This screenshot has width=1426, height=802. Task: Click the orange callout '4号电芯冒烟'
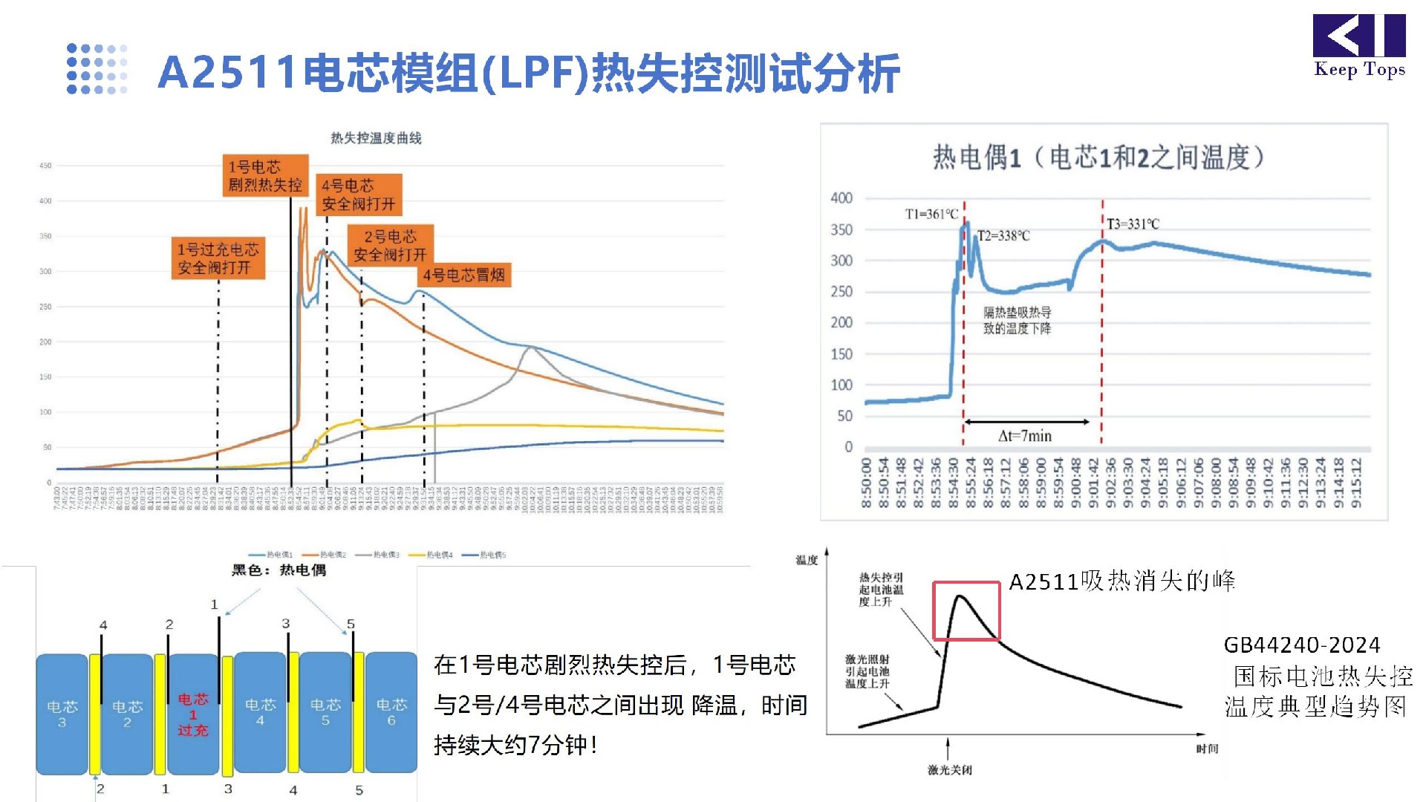(x=464, y=276)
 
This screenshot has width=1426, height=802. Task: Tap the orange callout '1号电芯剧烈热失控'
(x=265, y=176)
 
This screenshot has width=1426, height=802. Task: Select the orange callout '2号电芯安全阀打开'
(x=390, y=246)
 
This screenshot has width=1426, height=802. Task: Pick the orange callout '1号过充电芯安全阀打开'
(x=218, y=258)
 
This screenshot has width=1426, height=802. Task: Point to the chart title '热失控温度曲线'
(x=376, y=138)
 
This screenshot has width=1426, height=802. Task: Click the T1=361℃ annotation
(x=931, y=214)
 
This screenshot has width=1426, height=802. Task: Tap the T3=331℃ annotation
(x=1133, y=224)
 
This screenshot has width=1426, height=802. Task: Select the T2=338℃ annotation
(x=1003, y=235)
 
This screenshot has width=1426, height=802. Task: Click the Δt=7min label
(x=1025, y=436)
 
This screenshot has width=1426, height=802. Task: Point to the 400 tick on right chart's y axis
(x=841, y=198)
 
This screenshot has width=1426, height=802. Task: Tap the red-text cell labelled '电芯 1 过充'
(x=193, y=714)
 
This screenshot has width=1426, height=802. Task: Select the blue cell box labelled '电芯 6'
(x=391, y=712)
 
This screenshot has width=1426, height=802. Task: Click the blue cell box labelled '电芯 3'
(x=62, y=712)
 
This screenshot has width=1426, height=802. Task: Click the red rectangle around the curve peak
(x=966, y=610)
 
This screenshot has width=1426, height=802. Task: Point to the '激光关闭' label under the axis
(x=949, y=770)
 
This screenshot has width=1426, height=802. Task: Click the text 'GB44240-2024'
(x=1301, y=645)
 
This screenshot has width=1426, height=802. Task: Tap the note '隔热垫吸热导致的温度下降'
(x=1017, y=320)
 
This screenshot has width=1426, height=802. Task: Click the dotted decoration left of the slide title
(x=97, y=69)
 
